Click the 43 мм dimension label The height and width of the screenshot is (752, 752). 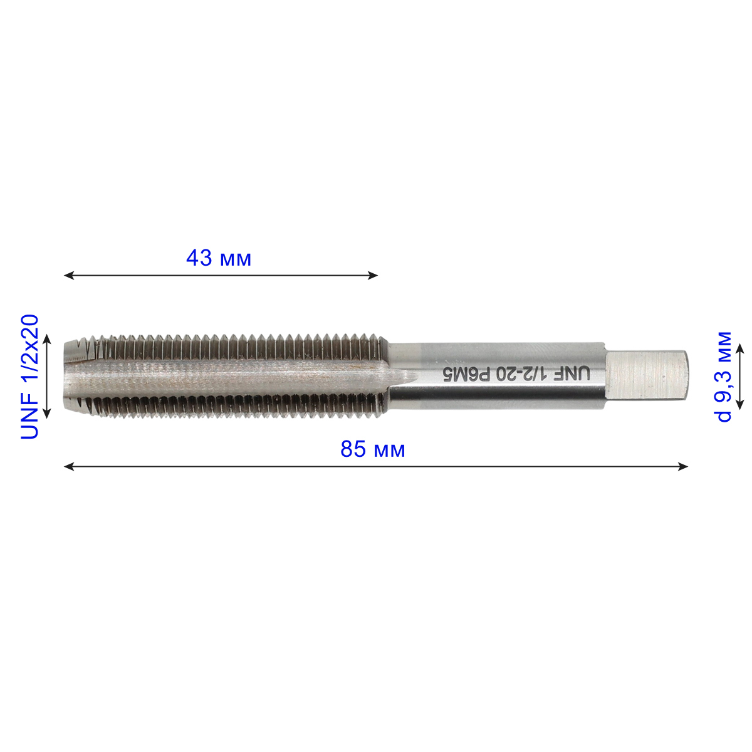[219, 258]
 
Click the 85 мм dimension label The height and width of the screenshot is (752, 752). [373, 449]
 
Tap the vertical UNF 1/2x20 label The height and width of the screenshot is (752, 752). [29, 377]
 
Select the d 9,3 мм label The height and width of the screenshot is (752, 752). [724, 376]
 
